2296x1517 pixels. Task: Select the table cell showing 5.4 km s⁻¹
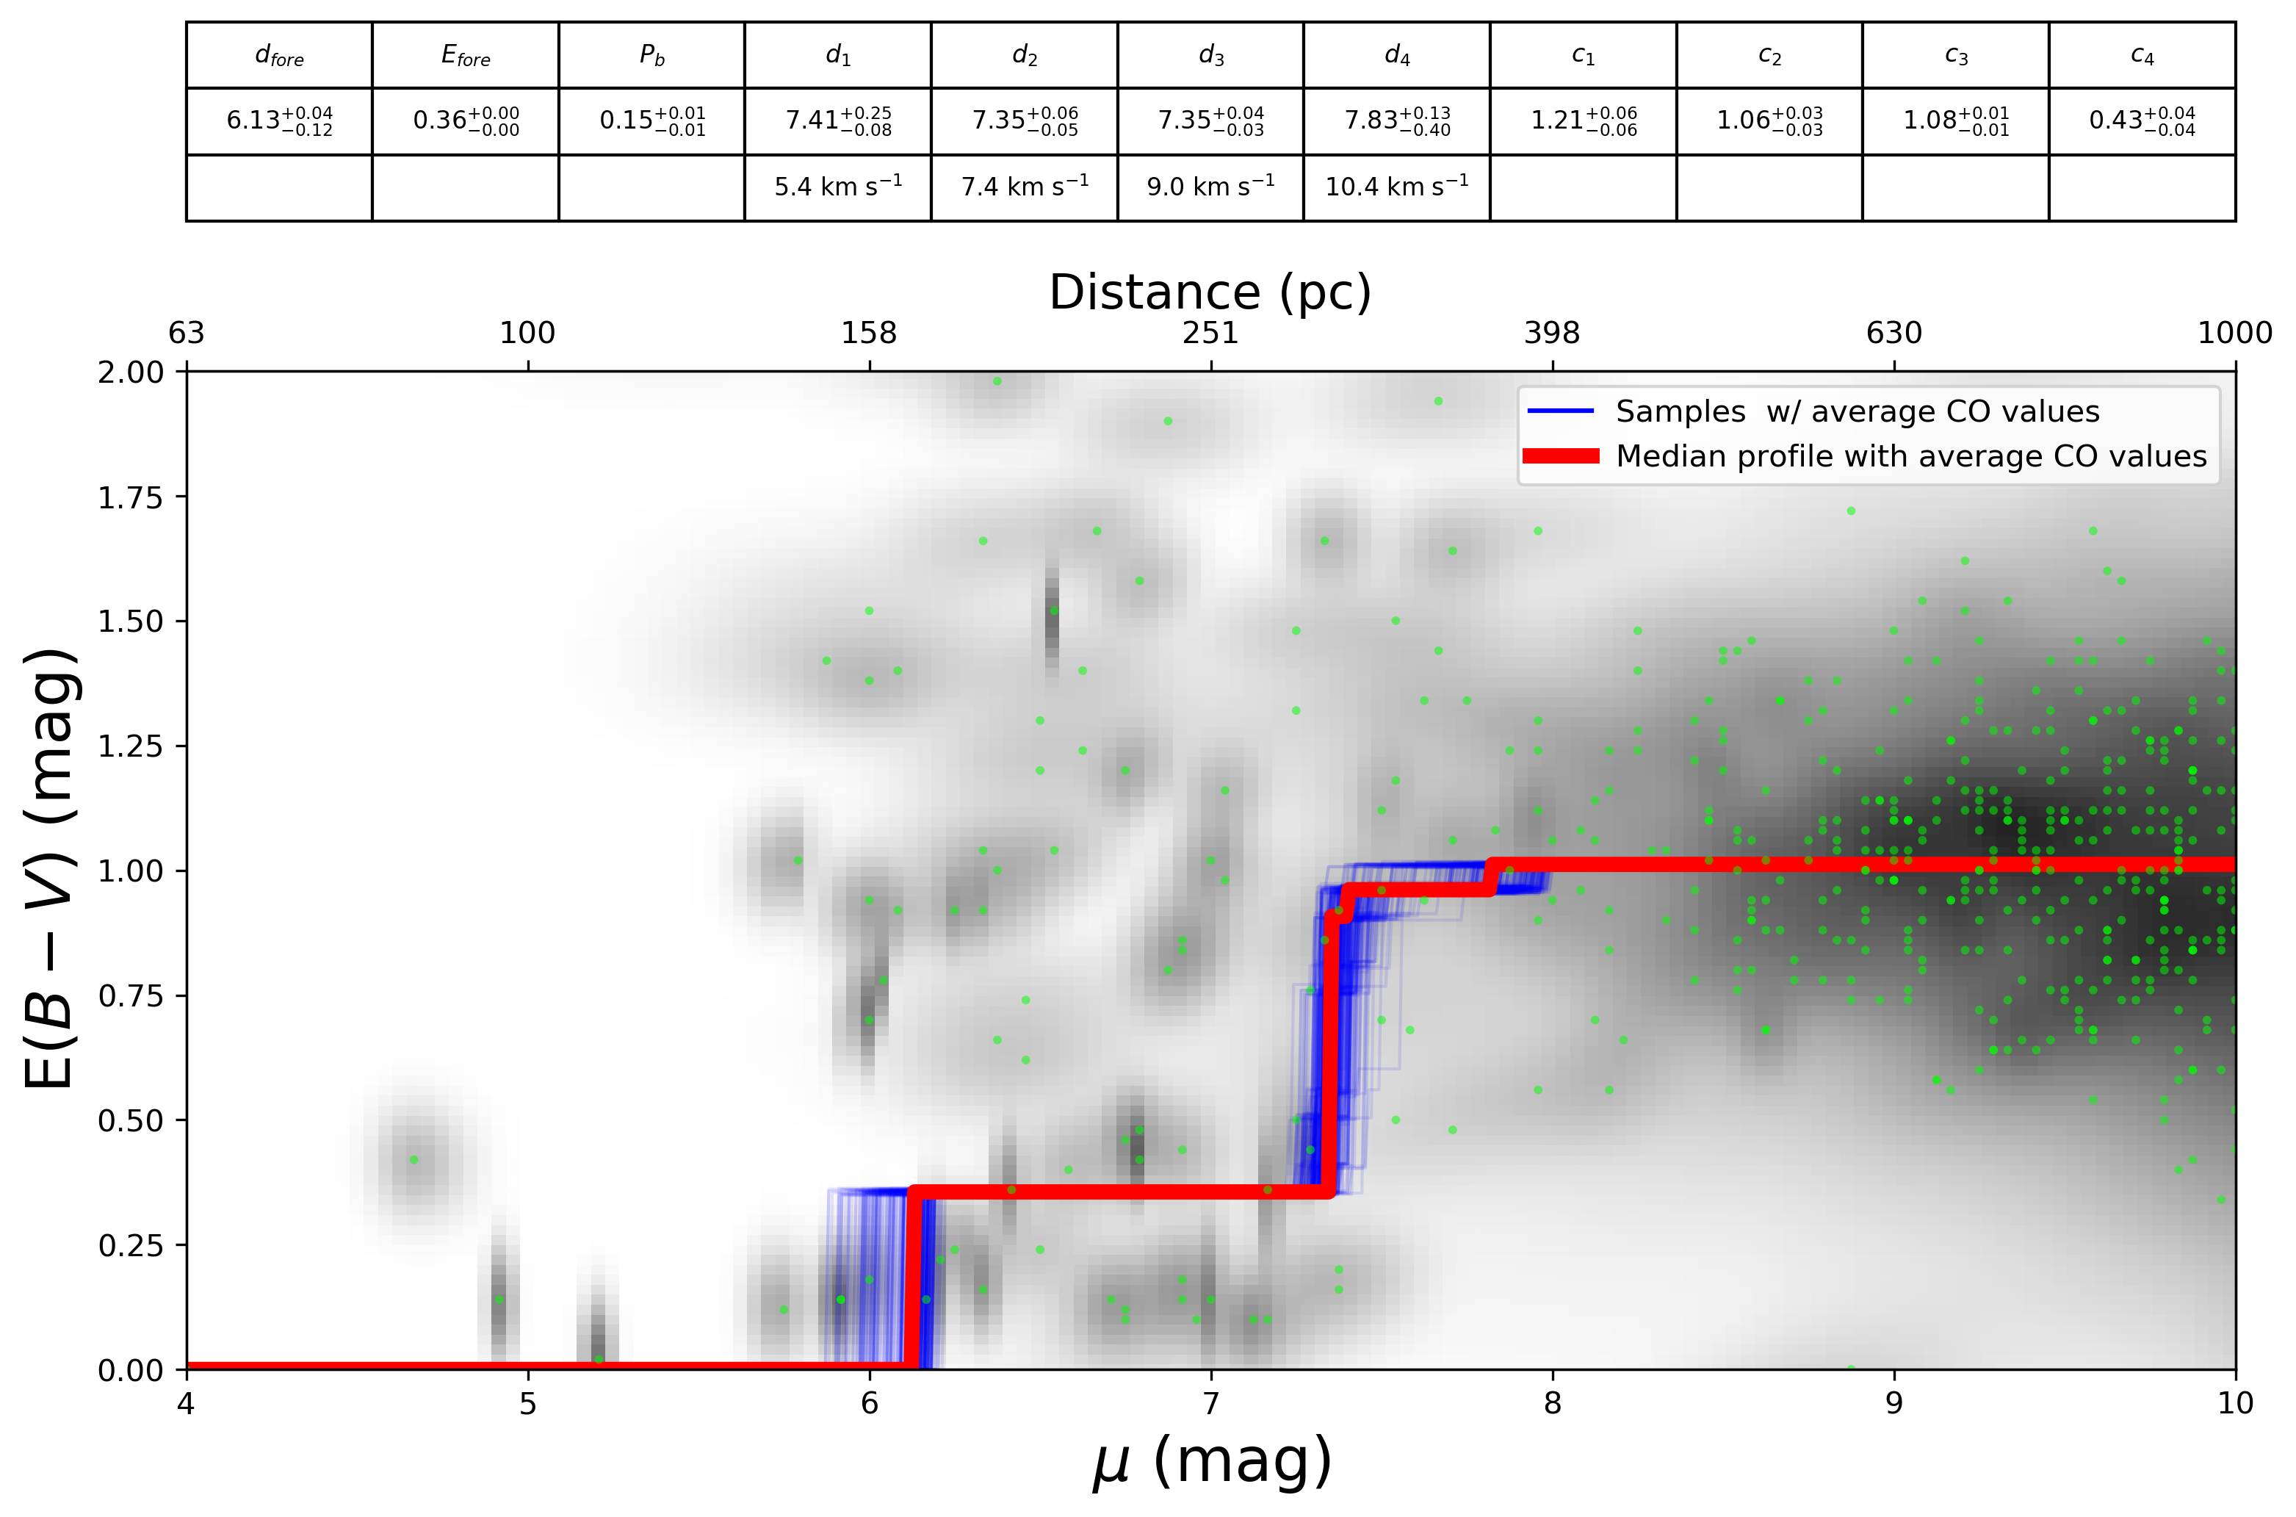(x=837, y=187)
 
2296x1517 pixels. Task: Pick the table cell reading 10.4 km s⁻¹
(x=1396, y=187)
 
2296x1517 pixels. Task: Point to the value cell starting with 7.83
(x=1396, y=121)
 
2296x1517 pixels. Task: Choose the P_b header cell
(x=651, y=56)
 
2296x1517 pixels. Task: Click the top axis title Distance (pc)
(x=1210, y=292)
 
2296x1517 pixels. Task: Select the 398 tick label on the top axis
(x=1551, y=334)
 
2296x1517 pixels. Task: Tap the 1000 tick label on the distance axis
(x=2234, y=334)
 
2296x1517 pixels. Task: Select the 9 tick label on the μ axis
(x=1893, y=1404)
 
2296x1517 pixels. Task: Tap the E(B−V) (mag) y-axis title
(x=50, y=869)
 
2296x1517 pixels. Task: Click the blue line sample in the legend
(x=1560, y=411)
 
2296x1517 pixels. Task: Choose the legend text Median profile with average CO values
(x=1910, y=457)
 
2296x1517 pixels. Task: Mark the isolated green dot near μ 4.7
(x=414, y=1160)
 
